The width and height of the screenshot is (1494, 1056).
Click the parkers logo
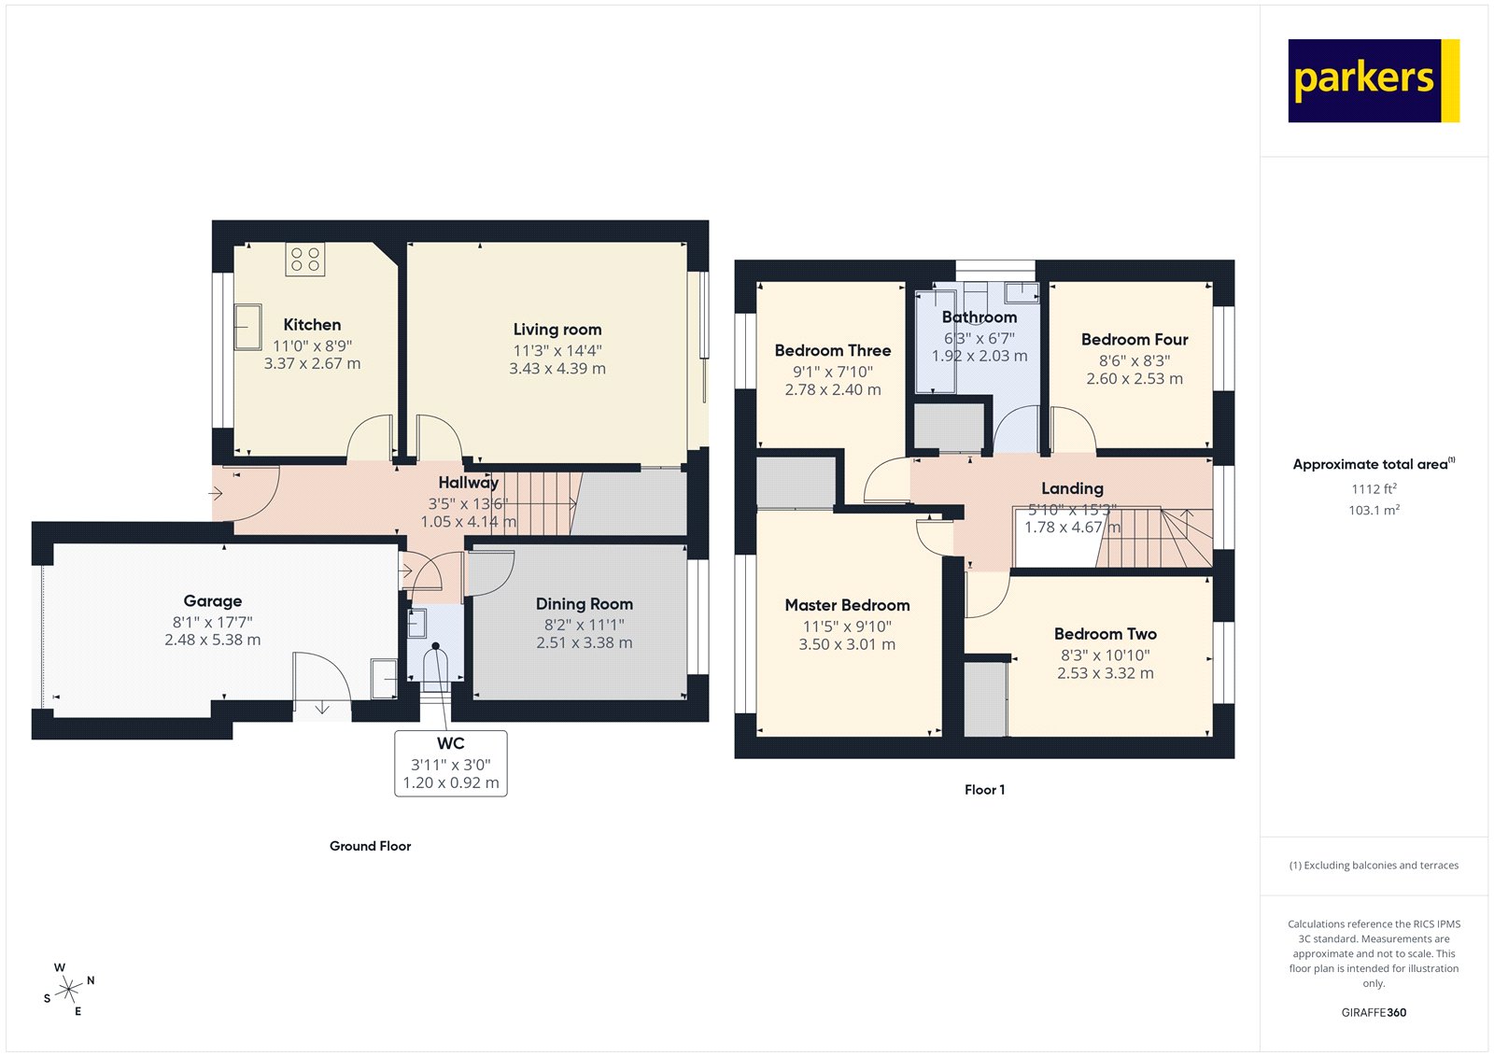coord(1373,80)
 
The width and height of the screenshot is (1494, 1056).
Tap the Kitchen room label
coord(312,325)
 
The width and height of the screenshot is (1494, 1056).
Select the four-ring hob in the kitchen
coord(304,259)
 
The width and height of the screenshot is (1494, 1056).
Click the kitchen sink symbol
coord(247,327)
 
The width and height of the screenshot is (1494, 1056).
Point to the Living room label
coord(557,330)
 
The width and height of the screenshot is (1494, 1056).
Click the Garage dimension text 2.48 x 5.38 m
coord(213,641)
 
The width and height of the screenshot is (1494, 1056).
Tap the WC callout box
coord(451,763)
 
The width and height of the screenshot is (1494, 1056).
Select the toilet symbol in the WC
coord(435,665)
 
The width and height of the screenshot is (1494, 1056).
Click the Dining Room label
coord(584,604)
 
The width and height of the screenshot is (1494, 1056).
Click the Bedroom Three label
coord(832,351)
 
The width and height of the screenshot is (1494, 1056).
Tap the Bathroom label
coord(979,317)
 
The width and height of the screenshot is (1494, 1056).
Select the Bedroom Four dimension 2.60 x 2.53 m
coord(1134,379)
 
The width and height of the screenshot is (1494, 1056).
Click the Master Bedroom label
coord(847,605)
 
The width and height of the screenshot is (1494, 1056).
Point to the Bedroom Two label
coord(1105,634)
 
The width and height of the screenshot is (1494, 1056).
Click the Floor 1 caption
coord(984,790)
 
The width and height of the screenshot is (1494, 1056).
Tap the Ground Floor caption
coord(370,846)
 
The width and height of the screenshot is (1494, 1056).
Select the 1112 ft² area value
coord(1374,488)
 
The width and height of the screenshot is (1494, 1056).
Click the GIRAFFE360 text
coord(1374,1012)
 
